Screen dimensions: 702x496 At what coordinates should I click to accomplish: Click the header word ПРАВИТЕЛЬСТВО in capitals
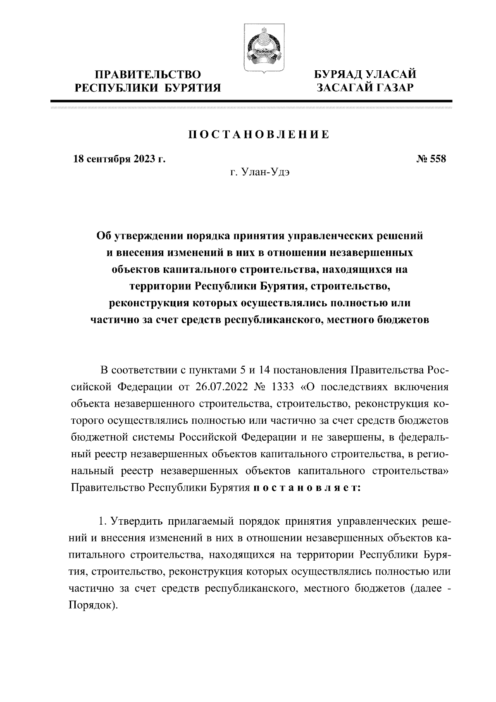(148, 75)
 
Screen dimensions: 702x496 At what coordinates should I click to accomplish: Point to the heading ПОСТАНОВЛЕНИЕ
(259, 135)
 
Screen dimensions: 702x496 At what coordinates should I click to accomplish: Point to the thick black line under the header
(251, 101)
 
